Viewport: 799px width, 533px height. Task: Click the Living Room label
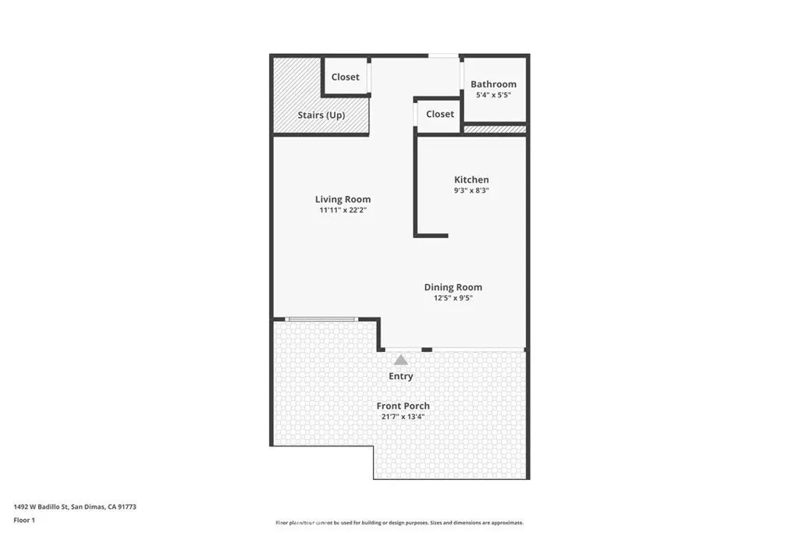(x=343, y=199)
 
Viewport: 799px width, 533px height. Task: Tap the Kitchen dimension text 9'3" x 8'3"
(x=471, y=190)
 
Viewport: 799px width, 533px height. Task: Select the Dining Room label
(x=453, y=287)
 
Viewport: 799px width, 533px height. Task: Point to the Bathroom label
(x=493, y=84)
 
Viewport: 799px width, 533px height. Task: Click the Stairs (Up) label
(x=321, y=115)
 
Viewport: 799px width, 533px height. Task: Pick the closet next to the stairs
(x=345, y=77)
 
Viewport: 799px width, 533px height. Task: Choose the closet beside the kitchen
(x=440, y=114)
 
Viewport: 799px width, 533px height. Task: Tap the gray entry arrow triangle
(x=401, y=361)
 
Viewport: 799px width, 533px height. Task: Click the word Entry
(x=400, y=376)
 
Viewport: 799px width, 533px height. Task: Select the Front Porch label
(x=403, y=406)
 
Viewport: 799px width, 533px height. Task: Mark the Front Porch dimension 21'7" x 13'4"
(x=403, y=417)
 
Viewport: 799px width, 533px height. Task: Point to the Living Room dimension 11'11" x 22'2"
(x=343, y=210)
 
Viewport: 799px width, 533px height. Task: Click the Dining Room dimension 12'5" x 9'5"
(x=453, y=298)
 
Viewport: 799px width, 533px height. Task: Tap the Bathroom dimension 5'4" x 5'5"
(x=493, y=95)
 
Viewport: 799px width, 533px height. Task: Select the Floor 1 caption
(x=24, y=521)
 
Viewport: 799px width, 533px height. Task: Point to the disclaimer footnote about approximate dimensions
(x=399, y=523)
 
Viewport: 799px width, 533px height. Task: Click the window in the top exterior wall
(x=443, y=56)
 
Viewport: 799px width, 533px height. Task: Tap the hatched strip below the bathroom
(x=494, y=130)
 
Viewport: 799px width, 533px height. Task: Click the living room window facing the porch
(x=321, y=319)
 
